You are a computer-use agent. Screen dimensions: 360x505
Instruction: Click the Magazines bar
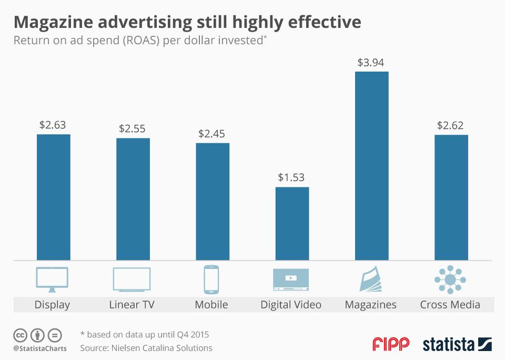tap(371, 166)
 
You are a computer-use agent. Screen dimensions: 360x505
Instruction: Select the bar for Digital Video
tap(292, 224)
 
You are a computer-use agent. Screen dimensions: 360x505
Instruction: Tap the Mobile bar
tap(213, 202)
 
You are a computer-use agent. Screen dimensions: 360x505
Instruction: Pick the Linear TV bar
tap(133, 199)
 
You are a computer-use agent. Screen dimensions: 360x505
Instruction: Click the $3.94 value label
tap(371, 63)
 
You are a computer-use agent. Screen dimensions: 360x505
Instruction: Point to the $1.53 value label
tap(291, 178)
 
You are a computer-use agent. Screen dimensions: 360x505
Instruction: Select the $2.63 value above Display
tap(53, 125)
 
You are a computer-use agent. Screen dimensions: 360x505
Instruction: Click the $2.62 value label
tap(451, 126)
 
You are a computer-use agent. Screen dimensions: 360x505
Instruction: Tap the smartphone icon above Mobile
tap(211, 279)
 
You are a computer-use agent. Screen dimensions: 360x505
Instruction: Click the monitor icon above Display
tap(52, 279)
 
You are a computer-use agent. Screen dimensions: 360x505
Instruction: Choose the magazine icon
tap(372, 279)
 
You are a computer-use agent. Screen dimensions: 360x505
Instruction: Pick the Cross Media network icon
tap(450, 279)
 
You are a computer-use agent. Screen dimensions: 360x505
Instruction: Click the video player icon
tap(290, 279)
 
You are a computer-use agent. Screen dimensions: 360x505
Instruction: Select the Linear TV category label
tap(132, 304)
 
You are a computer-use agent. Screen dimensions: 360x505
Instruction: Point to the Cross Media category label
tap(450, 304)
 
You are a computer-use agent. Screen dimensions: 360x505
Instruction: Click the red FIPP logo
tap(391, 345)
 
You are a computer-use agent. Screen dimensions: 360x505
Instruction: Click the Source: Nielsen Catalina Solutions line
tap(146, 348)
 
